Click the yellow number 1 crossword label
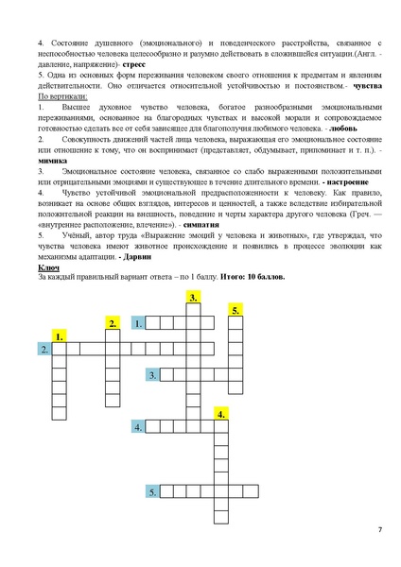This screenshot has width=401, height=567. (60, 336)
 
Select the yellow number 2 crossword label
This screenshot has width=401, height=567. (113, 323)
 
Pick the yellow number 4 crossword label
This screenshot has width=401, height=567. (220, 414)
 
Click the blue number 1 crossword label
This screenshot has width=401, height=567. (138, 323)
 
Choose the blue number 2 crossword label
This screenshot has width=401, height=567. (44, 350)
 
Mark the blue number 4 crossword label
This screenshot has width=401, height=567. (138, 427)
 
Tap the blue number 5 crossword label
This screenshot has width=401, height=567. (151, 491)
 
